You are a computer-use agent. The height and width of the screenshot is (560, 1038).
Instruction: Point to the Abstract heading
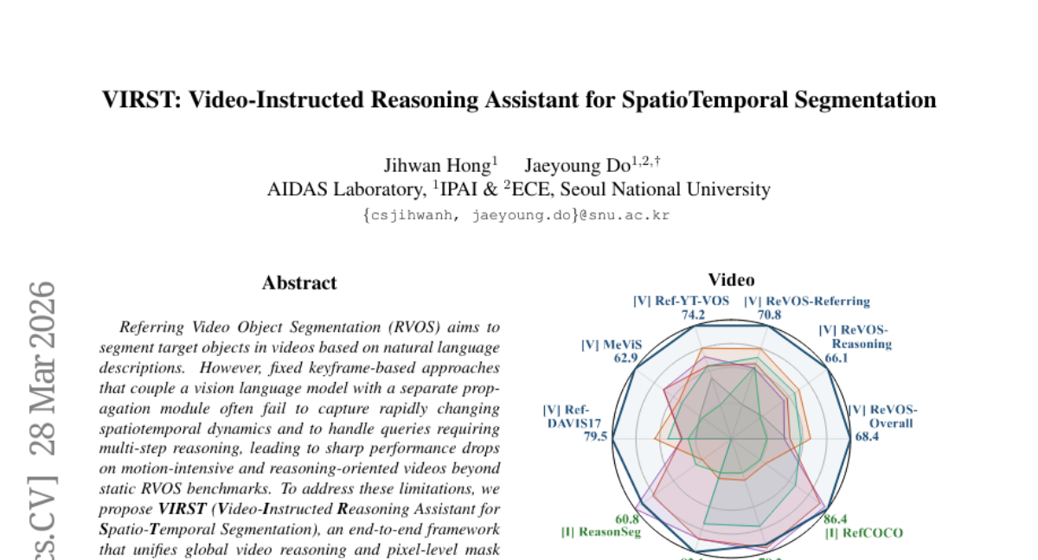(299, 283)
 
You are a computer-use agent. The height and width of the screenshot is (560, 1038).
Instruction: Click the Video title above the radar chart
(731, 280)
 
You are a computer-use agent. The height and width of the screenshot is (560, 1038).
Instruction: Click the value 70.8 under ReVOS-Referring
(769, 315)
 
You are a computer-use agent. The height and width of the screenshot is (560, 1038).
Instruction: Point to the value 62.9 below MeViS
(621, 357)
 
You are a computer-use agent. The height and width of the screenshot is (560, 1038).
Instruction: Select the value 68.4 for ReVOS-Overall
(867, 437)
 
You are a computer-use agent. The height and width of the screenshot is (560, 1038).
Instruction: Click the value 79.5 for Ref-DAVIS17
(595, 437)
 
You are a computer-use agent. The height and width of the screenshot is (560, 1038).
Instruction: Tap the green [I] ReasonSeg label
(601, 533)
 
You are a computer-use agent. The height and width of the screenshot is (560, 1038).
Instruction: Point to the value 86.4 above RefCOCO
(836, 519)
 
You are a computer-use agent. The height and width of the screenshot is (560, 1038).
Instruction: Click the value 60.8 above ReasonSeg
(627, 519)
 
